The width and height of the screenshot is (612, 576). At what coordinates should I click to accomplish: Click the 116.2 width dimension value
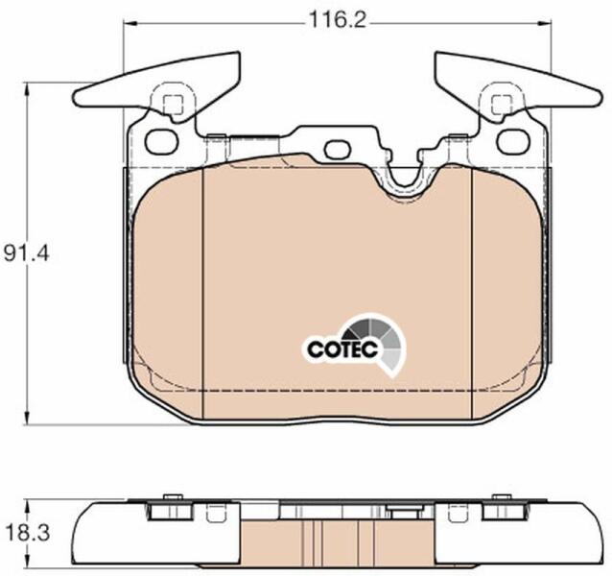point(338,20)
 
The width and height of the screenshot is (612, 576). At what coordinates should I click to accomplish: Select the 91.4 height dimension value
point(27,254)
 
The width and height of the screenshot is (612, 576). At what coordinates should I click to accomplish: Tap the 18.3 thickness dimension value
point(28,533)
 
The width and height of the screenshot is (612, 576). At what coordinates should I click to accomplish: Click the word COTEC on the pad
point(342,348)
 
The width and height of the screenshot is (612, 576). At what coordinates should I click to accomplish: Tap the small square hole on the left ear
point(173,105)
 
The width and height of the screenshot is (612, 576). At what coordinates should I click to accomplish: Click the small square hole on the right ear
point(502,105)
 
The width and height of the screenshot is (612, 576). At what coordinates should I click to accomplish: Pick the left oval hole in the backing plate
point(161,141)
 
